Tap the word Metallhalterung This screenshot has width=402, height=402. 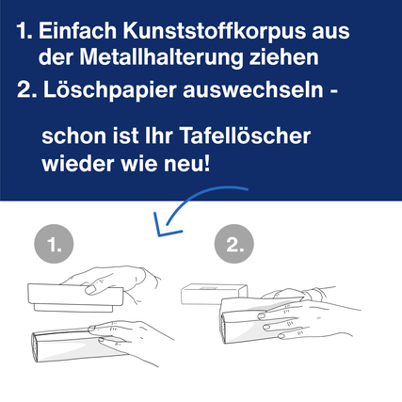pos(156,56)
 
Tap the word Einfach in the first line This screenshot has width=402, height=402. pos(82,31)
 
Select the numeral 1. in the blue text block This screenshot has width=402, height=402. pos(24,31)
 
